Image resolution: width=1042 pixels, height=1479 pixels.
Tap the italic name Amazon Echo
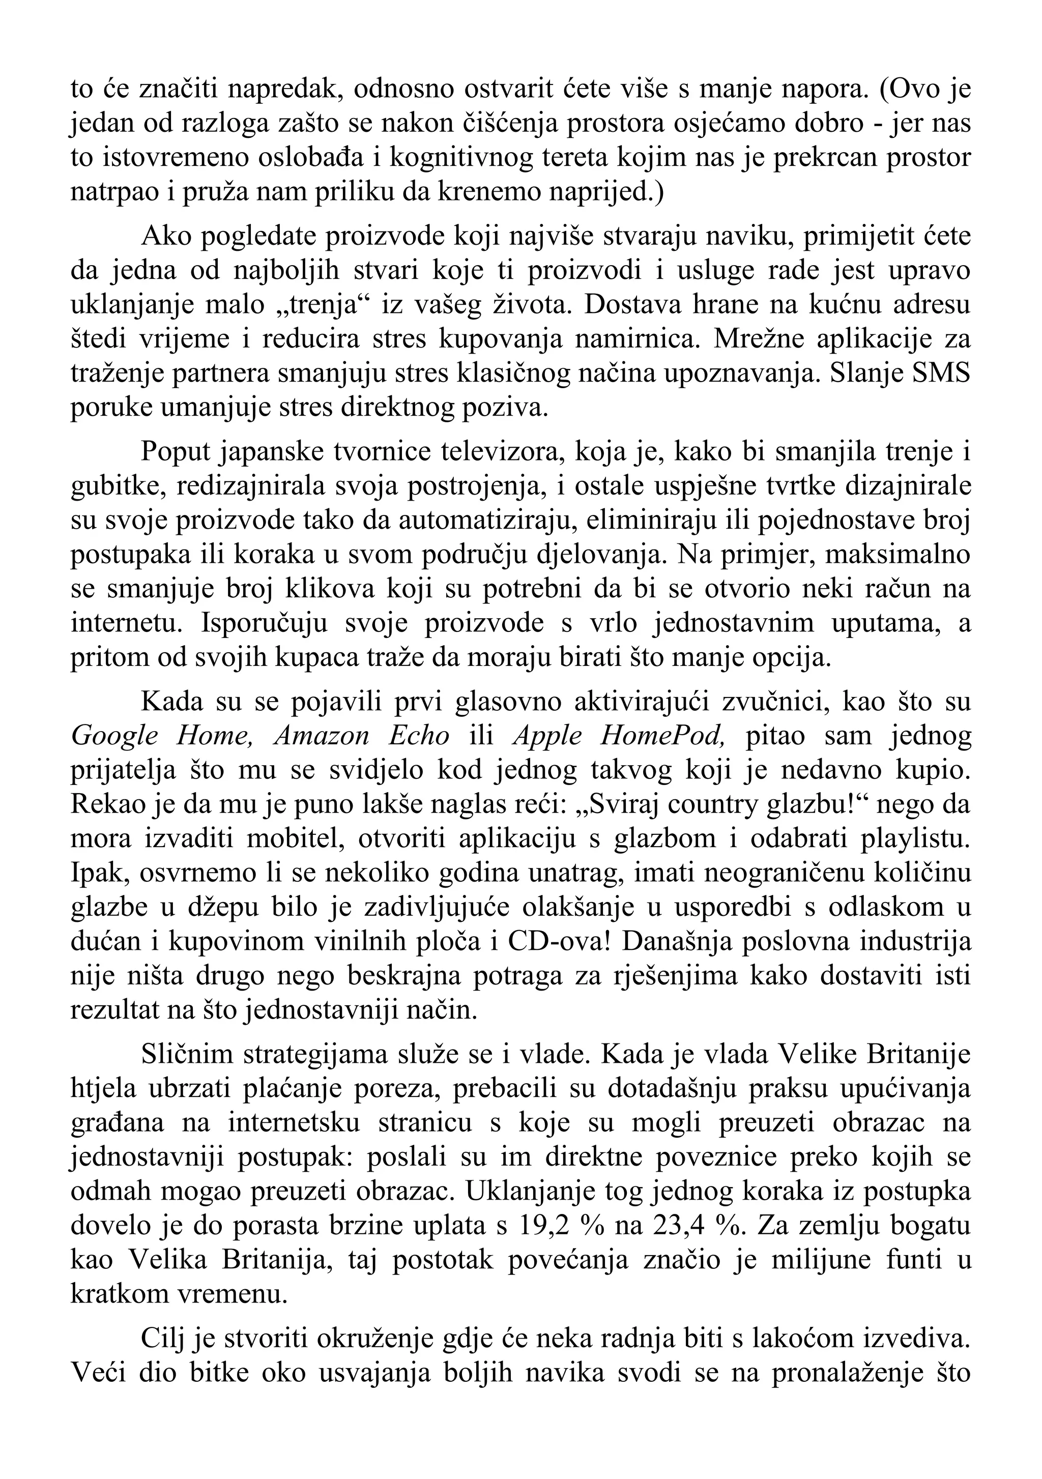(361, 736)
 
